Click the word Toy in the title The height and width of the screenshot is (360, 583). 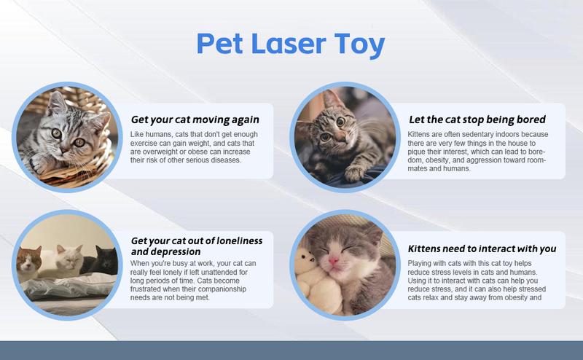[358, 45]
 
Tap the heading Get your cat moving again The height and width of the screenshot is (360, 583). [195, 120]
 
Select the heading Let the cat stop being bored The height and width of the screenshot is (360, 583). [477, 119]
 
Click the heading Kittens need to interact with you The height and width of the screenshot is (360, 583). [482, 248]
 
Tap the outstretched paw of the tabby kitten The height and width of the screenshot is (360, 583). [355, 172]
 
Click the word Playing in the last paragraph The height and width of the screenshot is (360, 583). [423, 262]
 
